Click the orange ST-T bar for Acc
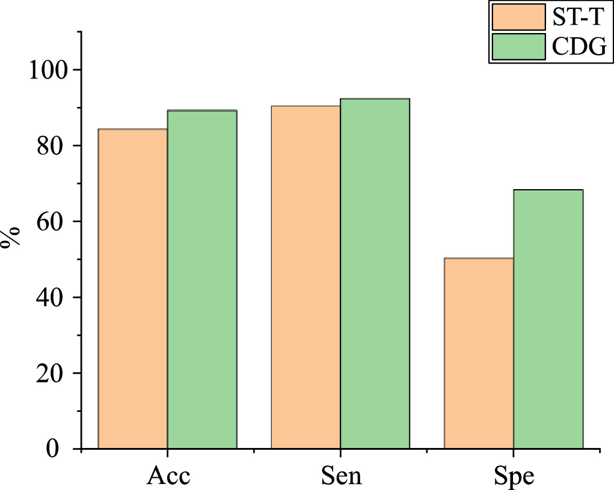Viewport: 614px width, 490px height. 133,289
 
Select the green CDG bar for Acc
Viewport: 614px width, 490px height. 202,279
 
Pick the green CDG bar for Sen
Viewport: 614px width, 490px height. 375,273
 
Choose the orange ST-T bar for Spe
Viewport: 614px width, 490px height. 479,353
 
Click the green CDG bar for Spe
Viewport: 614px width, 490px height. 548,319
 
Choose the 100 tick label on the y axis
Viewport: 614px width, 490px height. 45,70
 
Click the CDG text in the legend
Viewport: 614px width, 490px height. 579,47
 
